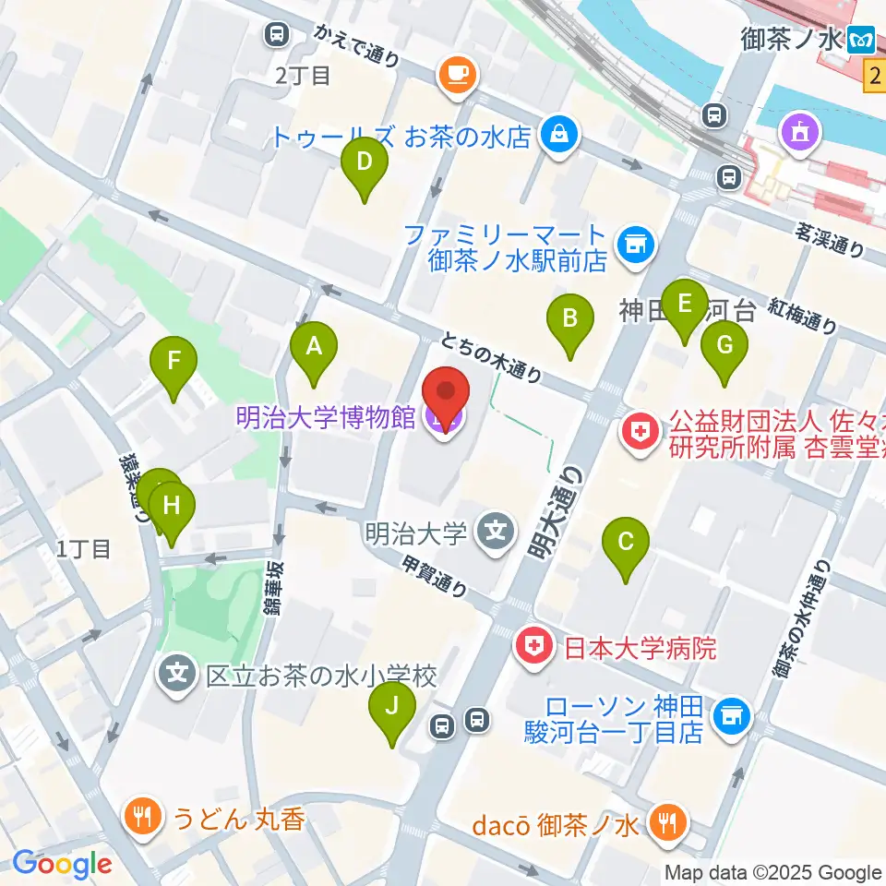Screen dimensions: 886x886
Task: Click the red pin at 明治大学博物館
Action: click(446, 395)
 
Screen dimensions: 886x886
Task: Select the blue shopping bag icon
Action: click(559, 136)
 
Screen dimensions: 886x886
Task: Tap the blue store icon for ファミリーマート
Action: click(634, 245)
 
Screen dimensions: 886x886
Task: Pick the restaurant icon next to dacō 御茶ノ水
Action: click(664, 820)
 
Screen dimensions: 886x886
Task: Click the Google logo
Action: click(62, 864)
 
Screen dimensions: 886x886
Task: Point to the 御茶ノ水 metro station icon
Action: click(864, 38)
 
